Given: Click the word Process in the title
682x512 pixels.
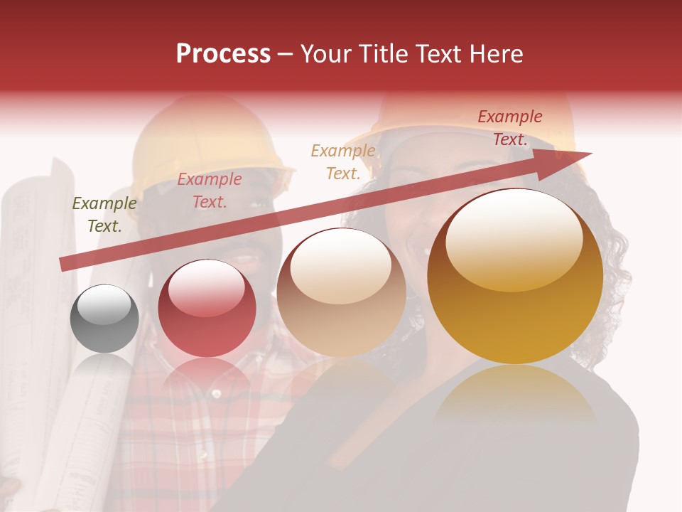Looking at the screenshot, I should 223,54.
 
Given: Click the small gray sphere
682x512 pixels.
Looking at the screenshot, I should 104,319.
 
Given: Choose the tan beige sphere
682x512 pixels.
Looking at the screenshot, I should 341,293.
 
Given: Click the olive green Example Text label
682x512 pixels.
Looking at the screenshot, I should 104,215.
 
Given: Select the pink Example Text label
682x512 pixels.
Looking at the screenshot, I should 210,191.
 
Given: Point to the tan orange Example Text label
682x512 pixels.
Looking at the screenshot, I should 343,161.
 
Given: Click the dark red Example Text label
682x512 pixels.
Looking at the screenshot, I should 510,128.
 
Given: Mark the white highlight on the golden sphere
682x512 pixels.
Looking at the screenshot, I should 514,239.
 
